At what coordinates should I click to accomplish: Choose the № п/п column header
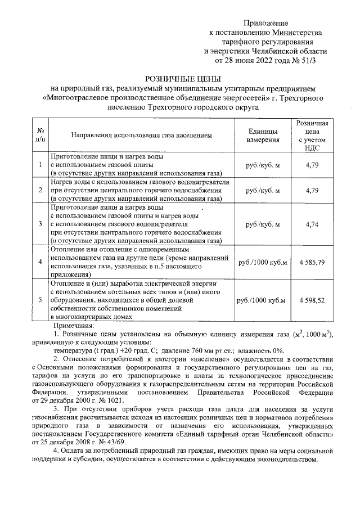pos(40,135)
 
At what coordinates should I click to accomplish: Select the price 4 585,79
pos(312,262)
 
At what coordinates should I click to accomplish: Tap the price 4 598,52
pos(312,300)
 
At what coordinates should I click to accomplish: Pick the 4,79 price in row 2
pos(312,191)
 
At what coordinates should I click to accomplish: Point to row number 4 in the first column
pos(40,262)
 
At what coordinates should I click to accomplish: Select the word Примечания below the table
pos(74,326)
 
